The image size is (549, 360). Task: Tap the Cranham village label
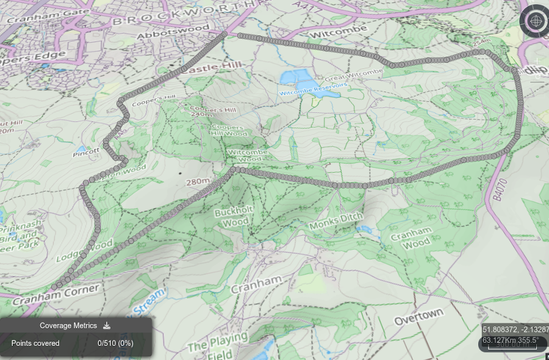(x=256, y=284)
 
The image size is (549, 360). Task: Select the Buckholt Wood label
(x=231, y=217)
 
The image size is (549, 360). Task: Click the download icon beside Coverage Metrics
(x=107, y=326)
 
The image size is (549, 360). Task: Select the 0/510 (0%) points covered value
(x=115, y=343)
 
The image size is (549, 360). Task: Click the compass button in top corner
(x=534, y=21)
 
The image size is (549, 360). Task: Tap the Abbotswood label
(x=173, y=32)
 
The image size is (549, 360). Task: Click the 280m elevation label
(x=198, y=182)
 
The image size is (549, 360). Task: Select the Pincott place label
(x=86, y=151)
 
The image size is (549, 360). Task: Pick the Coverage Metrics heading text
(x=68, y=326)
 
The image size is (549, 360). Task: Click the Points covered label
(x=35, y=343)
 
